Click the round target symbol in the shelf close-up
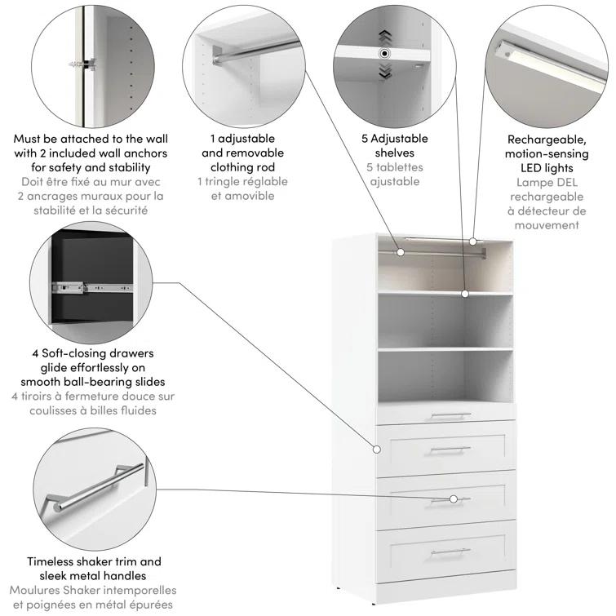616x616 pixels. (x=384, y=54)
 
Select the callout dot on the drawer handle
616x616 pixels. (x=454, y=499)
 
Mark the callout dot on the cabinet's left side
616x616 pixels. (x=377, y=449)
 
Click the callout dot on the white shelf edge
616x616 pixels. (x=464, y=292)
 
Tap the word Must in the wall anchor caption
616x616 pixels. (x=30, y=139)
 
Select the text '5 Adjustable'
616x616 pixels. (x=394, y=139)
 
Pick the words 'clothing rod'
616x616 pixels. (x=242, y=167)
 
